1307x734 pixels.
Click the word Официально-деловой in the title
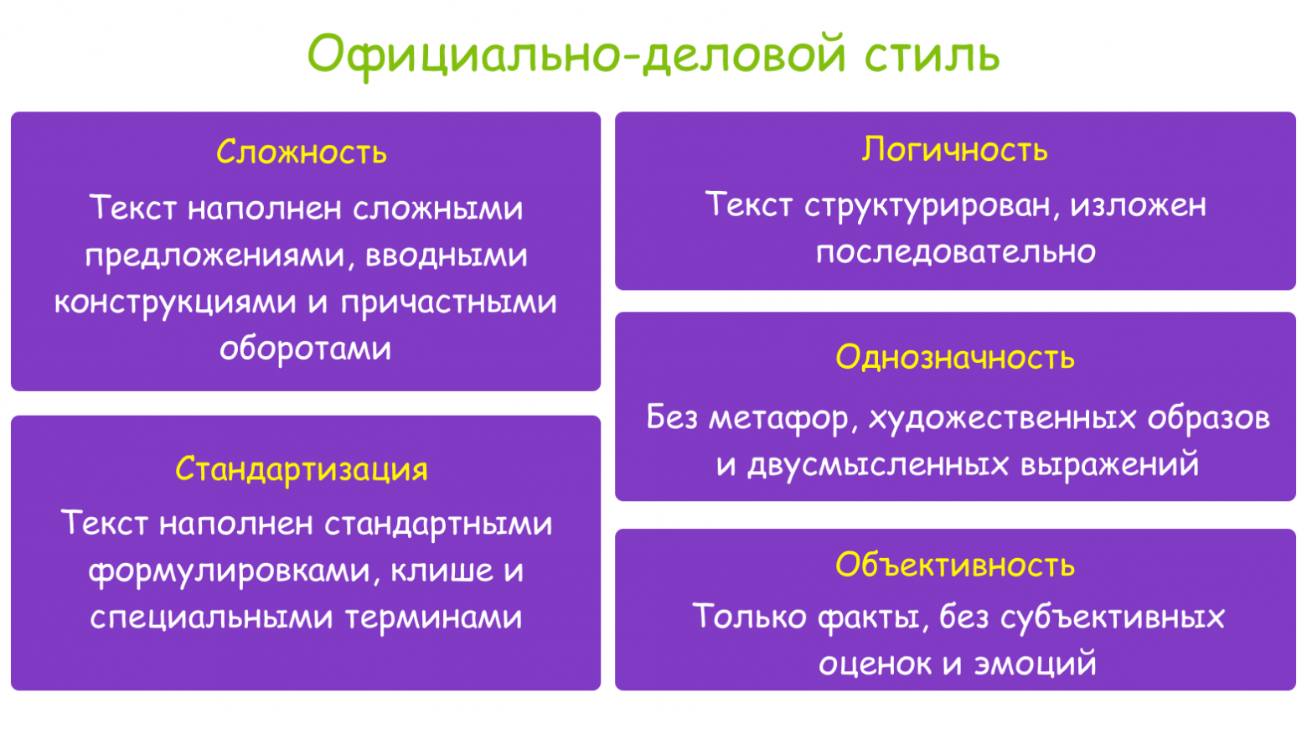click(577, 54)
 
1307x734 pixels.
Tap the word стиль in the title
click(932, 54)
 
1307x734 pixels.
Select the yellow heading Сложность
click(302, 152)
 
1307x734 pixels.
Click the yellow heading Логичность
click(955, 149)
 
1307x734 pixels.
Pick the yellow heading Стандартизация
click(302, 468)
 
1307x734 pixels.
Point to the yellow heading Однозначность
click(955, 358)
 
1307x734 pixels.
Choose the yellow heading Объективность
click(955, 565)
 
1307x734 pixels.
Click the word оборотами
click(306, 348)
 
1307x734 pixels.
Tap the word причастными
click(449, 302)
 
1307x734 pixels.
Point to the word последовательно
click(956, 251)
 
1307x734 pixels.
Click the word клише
click(442, 571)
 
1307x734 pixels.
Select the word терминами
click(434, 618)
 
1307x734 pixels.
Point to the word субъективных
click(1113, 618)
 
